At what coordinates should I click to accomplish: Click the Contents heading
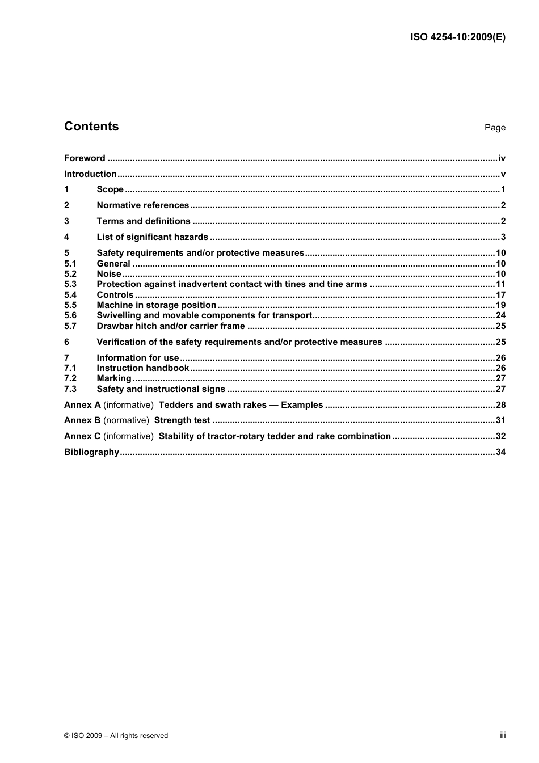[91, 127]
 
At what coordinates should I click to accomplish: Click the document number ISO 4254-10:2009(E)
[458, 37]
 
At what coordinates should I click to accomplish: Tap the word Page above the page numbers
[495, 128]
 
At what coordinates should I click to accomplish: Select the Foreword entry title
[85, 158]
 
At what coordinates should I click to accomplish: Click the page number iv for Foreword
[502, 158]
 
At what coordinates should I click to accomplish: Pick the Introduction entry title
[90, 174]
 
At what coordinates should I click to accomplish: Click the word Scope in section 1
[110, 189]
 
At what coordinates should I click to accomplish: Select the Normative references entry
[142, 205]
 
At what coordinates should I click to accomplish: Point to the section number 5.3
[70, 284]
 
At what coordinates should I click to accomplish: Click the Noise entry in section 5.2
[109, 274]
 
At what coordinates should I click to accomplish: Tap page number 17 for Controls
[500, 295]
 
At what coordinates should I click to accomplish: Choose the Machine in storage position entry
[156, 305]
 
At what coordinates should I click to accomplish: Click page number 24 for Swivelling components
[500, 315]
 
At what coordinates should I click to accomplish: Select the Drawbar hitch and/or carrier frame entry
[171, 326]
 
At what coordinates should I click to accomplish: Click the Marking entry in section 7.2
[114, 378]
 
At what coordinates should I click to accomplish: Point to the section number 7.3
[70, 389]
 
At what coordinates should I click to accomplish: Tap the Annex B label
[82, 420]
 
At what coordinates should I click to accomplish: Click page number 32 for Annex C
[500, 436]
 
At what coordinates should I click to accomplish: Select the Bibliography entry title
[91, 452]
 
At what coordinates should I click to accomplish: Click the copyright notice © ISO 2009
[116, 736]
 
